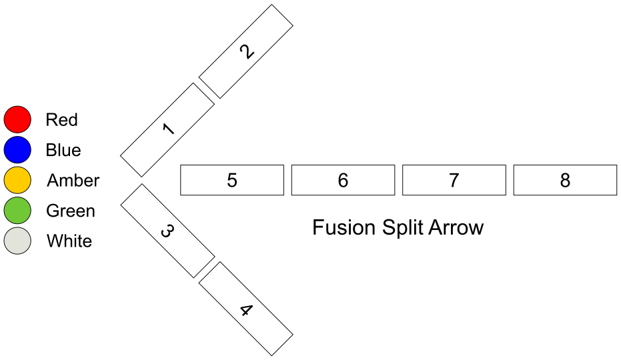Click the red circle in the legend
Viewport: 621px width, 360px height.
click(17, 119)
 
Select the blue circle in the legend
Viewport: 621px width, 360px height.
click(17, 150)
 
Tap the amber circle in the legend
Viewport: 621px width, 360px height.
click(17, 180)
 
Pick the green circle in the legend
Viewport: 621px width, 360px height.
click(17, 211)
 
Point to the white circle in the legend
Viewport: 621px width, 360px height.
click(17, 241)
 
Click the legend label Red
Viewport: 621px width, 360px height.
click(61, 120)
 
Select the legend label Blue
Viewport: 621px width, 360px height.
click(63, 150)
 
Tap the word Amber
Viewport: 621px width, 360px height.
click(73, 181)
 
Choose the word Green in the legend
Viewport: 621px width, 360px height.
click(70, 211)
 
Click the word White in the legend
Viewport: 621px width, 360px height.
click(69, 241)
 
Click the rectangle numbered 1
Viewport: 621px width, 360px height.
click(167, 129)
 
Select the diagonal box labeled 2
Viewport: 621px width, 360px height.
click(246, 51)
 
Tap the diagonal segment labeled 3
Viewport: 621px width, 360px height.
click(167, 231)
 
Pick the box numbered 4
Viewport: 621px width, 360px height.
click(246, 309)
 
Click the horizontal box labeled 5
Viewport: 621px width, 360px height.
click(231, 180)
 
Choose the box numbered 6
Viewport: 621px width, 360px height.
click(343, 180)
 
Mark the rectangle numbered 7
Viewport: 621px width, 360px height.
click(454, 180)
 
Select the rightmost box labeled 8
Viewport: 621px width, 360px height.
click(565, 180)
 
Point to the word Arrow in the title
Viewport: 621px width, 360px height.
click(456, 228)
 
